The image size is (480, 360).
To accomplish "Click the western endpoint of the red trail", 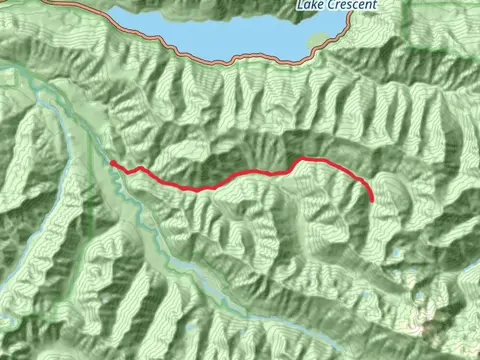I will click(112, 162).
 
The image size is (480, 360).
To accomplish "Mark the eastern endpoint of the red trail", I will click(372, 201).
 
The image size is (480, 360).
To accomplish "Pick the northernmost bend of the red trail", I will click(304, 158).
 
